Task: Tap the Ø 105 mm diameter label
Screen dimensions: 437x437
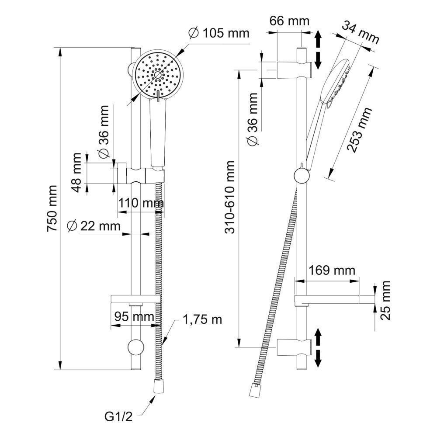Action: tap(218, 33)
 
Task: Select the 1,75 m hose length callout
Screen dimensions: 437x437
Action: tap(202, 319)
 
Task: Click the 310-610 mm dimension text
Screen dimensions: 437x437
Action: tap(230, 197)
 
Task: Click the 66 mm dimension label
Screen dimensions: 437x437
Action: tap(289, 21)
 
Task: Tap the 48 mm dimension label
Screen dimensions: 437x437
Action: tap(77, 173)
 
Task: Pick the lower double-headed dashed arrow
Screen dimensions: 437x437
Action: tap(318, 348)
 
